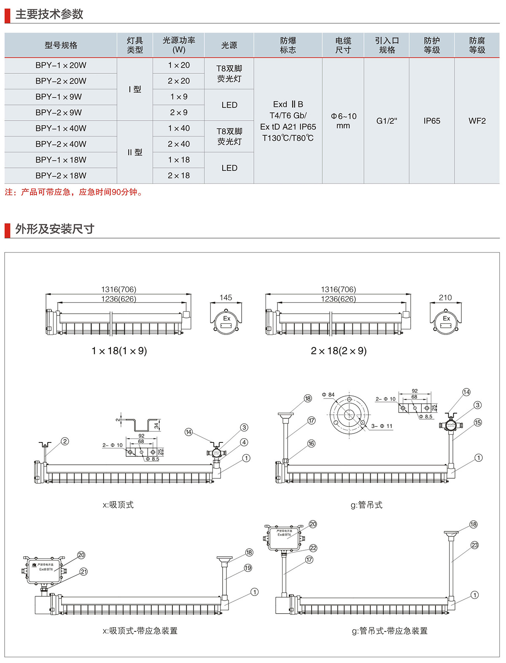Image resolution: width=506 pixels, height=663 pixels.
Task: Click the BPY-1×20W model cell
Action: (61, 65)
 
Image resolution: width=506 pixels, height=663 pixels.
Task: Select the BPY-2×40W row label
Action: (61, 144)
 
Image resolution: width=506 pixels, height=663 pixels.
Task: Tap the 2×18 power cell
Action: (179, 175)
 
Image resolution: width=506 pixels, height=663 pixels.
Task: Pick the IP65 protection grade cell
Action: (432, 121)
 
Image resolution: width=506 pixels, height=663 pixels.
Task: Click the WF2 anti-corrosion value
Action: (477, 121)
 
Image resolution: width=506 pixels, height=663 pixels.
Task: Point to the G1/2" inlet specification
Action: (387, 121)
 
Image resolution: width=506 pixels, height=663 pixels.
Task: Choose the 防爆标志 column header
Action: (288, 45)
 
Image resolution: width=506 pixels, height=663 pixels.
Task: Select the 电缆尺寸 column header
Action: (343, 45)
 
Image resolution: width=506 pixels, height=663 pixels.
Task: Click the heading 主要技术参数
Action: (49, 14)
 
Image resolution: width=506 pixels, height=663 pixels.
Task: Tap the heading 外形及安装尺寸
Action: (55, 229)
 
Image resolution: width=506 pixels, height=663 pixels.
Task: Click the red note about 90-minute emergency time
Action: (74, 192)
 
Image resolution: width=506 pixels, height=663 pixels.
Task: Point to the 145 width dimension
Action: (226, 298)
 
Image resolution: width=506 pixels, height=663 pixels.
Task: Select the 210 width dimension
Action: (445, 298)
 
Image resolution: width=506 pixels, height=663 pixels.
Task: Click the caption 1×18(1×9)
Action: (119, 351)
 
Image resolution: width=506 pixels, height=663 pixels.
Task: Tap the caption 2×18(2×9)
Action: (339, 351)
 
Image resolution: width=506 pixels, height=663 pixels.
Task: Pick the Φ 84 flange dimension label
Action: (328, 395)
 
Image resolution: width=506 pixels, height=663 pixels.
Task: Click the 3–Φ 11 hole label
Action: (382, 426)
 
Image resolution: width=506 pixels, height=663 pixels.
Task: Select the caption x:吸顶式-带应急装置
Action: (140, 631)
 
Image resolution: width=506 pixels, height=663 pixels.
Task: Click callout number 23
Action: (475, 545)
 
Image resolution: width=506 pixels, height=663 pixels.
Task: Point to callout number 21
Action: (83, 572)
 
